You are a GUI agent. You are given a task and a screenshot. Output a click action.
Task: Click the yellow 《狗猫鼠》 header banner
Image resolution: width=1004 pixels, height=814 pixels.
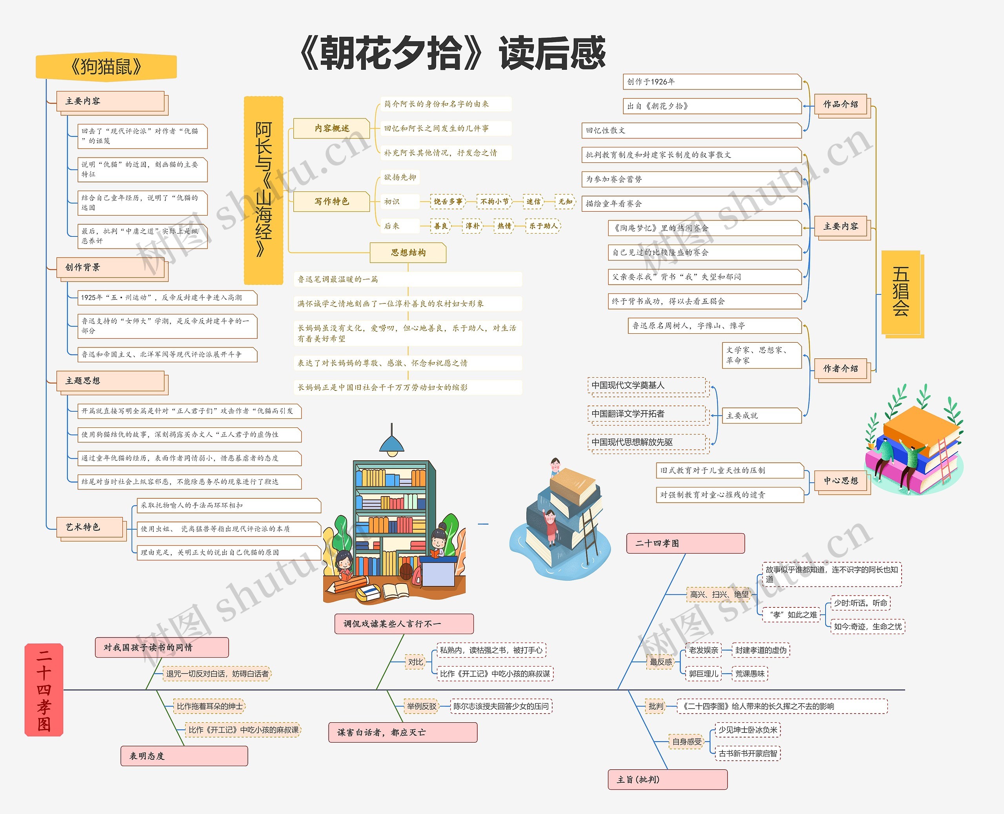pyautogui.click(x=106, y=66)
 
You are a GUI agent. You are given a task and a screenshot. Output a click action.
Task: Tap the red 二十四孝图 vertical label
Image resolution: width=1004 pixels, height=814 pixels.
pyautogui.click(x=44, y=689)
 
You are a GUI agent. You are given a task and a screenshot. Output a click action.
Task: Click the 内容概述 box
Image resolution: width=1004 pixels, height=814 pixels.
pyautogui.click(x=331, y=128)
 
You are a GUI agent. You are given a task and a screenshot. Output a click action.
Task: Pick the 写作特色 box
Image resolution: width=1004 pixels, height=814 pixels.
pyautogui.click(x=331, y=201)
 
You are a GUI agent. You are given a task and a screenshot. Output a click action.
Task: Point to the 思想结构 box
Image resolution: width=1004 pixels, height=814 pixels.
pyautogui.click(x=408, y=252)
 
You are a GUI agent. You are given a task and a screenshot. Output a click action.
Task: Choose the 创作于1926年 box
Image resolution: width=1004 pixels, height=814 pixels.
pyautogui.click(x=711, y=82)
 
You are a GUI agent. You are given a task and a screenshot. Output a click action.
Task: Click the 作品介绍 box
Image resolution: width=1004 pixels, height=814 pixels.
pyautogui.click(x=840, y=104)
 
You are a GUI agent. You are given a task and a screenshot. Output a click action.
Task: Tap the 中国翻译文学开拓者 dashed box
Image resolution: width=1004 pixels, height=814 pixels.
pyautogui.click(x=646, y=414)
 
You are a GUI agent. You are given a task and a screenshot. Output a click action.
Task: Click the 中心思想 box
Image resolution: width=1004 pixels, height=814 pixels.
pyautogui.click(x=840, y=481)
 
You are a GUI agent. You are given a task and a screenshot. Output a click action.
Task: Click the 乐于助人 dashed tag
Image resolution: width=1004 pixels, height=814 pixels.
pyautogui.click(x=543, y=226)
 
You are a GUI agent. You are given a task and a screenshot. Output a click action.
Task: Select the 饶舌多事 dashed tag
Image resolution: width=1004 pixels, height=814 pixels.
pyautogui.click(x=447, y=202)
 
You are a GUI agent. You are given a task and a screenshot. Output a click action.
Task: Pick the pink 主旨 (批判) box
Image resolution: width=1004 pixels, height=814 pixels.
pyautogui.click(x=667, y=779)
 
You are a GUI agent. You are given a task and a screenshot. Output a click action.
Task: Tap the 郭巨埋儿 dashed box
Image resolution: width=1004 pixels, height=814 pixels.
pyautogui.click(x=703, y=674)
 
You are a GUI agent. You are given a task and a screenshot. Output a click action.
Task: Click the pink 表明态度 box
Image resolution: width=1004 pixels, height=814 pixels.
pyautogui.click(x=184, y=756)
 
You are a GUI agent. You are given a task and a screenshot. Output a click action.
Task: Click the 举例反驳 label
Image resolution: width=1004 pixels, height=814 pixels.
pyautogui.click(x=421, y=706)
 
